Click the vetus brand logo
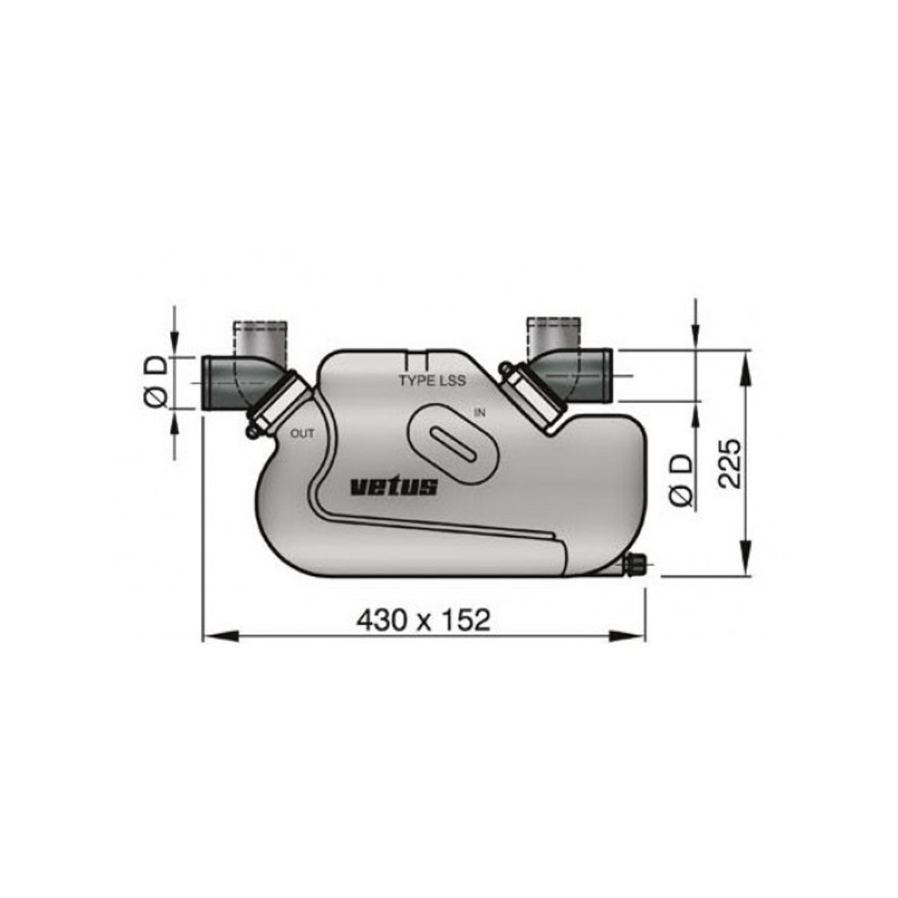coord(394,487)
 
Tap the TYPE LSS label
coord(432,381)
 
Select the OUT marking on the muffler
coord(302,433)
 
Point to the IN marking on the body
coord(480,412)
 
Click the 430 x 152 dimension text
coord(423,620)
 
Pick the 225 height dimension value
coord(729,464)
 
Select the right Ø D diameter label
coord(681,480)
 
